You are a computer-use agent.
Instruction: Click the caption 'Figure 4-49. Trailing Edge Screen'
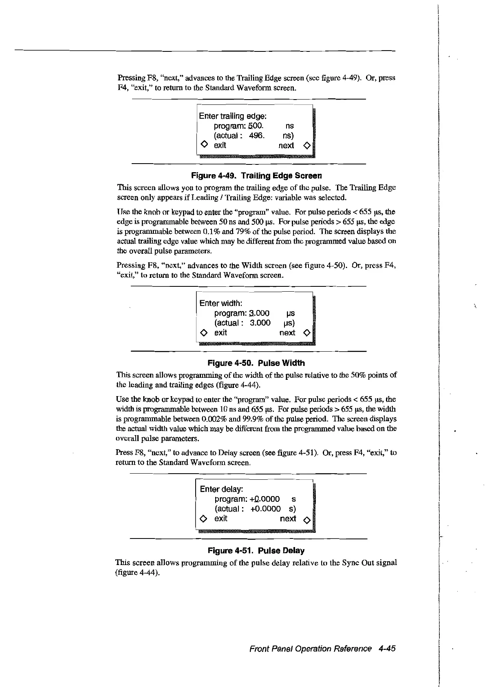click(x=256, y=176)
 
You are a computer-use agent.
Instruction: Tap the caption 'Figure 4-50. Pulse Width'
click(x=256, y=363)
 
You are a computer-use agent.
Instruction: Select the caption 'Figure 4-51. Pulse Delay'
click(x=256, y=551)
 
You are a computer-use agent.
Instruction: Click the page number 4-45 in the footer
click(x=387, y=649)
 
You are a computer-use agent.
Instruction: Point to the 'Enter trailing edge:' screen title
click(x=233, y=116)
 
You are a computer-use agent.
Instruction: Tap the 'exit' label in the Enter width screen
click(x=220, y=332)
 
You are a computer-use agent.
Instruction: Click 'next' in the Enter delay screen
click(x=288, y=519)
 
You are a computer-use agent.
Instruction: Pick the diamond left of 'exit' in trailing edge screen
click(x=204, y=145)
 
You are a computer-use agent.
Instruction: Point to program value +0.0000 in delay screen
click(x=265, y=499)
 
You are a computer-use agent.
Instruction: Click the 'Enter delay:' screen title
click(x=222, y=489)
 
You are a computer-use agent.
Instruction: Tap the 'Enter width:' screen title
click(x=221, y=304)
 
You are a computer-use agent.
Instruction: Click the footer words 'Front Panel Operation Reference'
click(x=311, y=649)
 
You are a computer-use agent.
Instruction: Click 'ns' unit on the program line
click(x=290, y=126)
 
